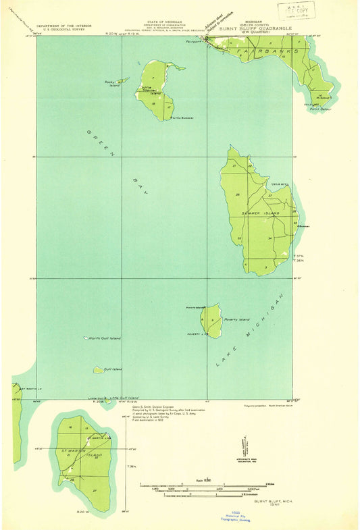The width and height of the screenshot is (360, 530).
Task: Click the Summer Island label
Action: [x=255, y=213]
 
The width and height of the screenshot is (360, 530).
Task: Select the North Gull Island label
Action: [x=105, y=338]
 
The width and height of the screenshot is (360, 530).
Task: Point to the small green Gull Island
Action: [x=99, y=370]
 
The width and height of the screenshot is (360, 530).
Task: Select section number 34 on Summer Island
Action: [x=269, y=238]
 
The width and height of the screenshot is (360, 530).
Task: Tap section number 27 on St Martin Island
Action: [x=95, y=490]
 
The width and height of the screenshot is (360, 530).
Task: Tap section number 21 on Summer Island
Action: [x=234, y=165]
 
